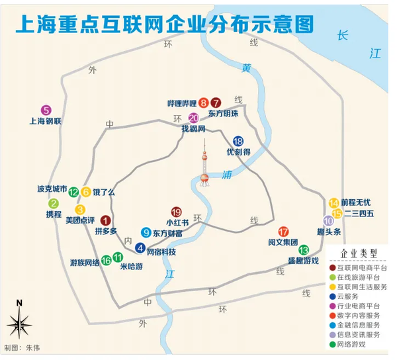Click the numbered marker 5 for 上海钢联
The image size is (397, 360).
(46, 111)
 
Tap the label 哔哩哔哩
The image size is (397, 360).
(182, 103)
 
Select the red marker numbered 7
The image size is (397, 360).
(216, 103)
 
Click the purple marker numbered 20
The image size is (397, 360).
(193, 118)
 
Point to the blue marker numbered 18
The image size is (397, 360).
(238, 140)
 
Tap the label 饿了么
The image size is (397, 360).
(103, 193)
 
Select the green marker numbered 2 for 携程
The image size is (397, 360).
(54, 203)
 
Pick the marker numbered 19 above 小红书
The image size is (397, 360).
(176, 211)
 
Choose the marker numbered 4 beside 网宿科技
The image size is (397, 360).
(140, 248)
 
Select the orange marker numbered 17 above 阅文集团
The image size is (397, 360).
(284, 231)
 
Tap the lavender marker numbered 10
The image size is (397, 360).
(328, 220)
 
